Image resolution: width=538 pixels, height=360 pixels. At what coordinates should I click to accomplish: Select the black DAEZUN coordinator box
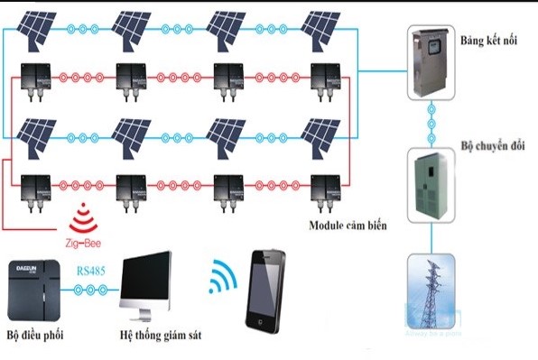pos(35,291)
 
